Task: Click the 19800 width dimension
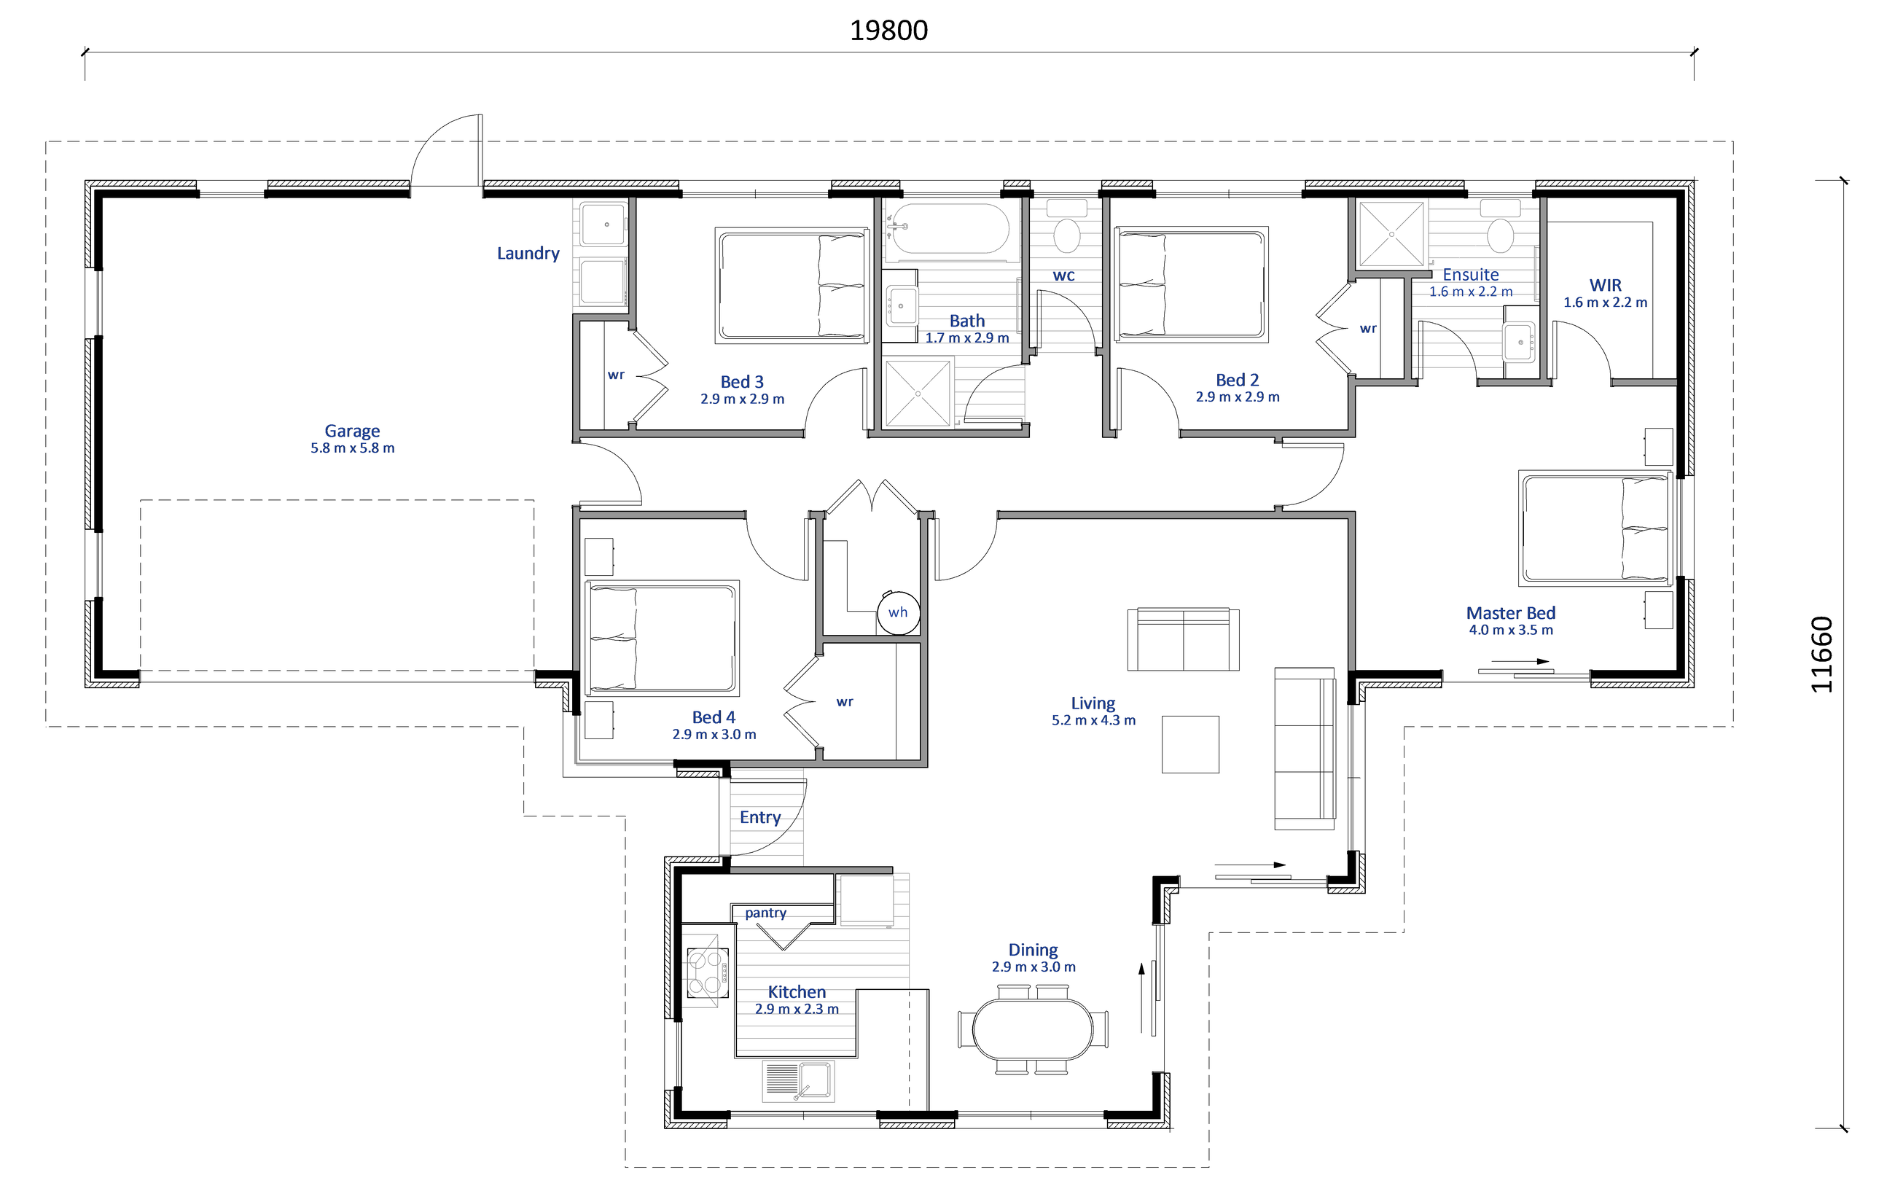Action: pyautogui.click(x=888, y=31)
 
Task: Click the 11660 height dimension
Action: pyautogui.click(x=1823, y=654)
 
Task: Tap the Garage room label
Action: pyautogui.click(x=352, y=431)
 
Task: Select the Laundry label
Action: pyautogui.click(x=528, y=254)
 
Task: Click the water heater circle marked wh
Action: pyautogui.click(x=898, y=612)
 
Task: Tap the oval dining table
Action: pyautogui.click(x=1033, y=1029)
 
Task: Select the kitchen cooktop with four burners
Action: pyautogui.click(x=708, y=973)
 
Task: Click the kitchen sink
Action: pyautogui.click(x=799, y=1081)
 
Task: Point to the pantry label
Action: pyautogui.click(x=766, y=913)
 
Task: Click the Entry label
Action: pyautogui.click(x=760, y=818)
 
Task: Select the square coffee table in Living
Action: pyautogui.click(x=1191, y=744)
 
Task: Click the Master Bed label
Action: pyautogui.click(x=1510, y=613)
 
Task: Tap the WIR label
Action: pyautogui.click(x=1606, y=286)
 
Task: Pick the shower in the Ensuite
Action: pyautogui.click(x=1391, y=234)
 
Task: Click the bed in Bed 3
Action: pyautogui.click(x=792, y=286)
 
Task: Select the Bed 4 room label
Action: pyautogui.click(x=714, y=717)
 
